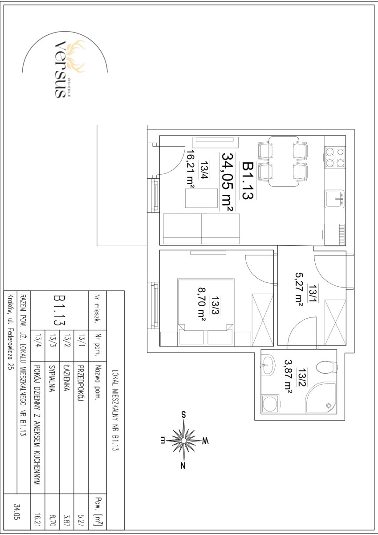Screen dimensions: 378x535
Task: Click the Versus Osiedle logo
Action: (x=65, y=68)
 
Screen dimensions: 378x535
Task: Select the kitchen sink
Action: (x=335, y=198)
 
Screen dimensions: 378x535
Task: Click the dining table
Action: (x=284, y=161)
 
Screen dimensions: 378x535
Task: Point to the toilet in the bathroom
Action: (x=326, y=367)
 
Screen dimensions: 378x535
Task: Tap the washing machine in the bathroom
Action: (x=270, y=404)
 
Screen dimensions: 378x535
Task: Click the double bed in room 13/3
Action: (x=205, y=312)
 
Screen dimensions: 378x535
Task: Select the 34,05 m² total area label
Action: (x=227, y=182)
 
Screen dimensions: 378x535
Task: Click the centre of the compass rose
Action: (x=183, y=440)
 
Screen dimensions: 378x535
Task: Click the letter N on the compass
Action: (x=183, y=465)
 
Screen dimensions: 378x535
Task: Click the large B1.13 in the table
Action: (x=59, y=310)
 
